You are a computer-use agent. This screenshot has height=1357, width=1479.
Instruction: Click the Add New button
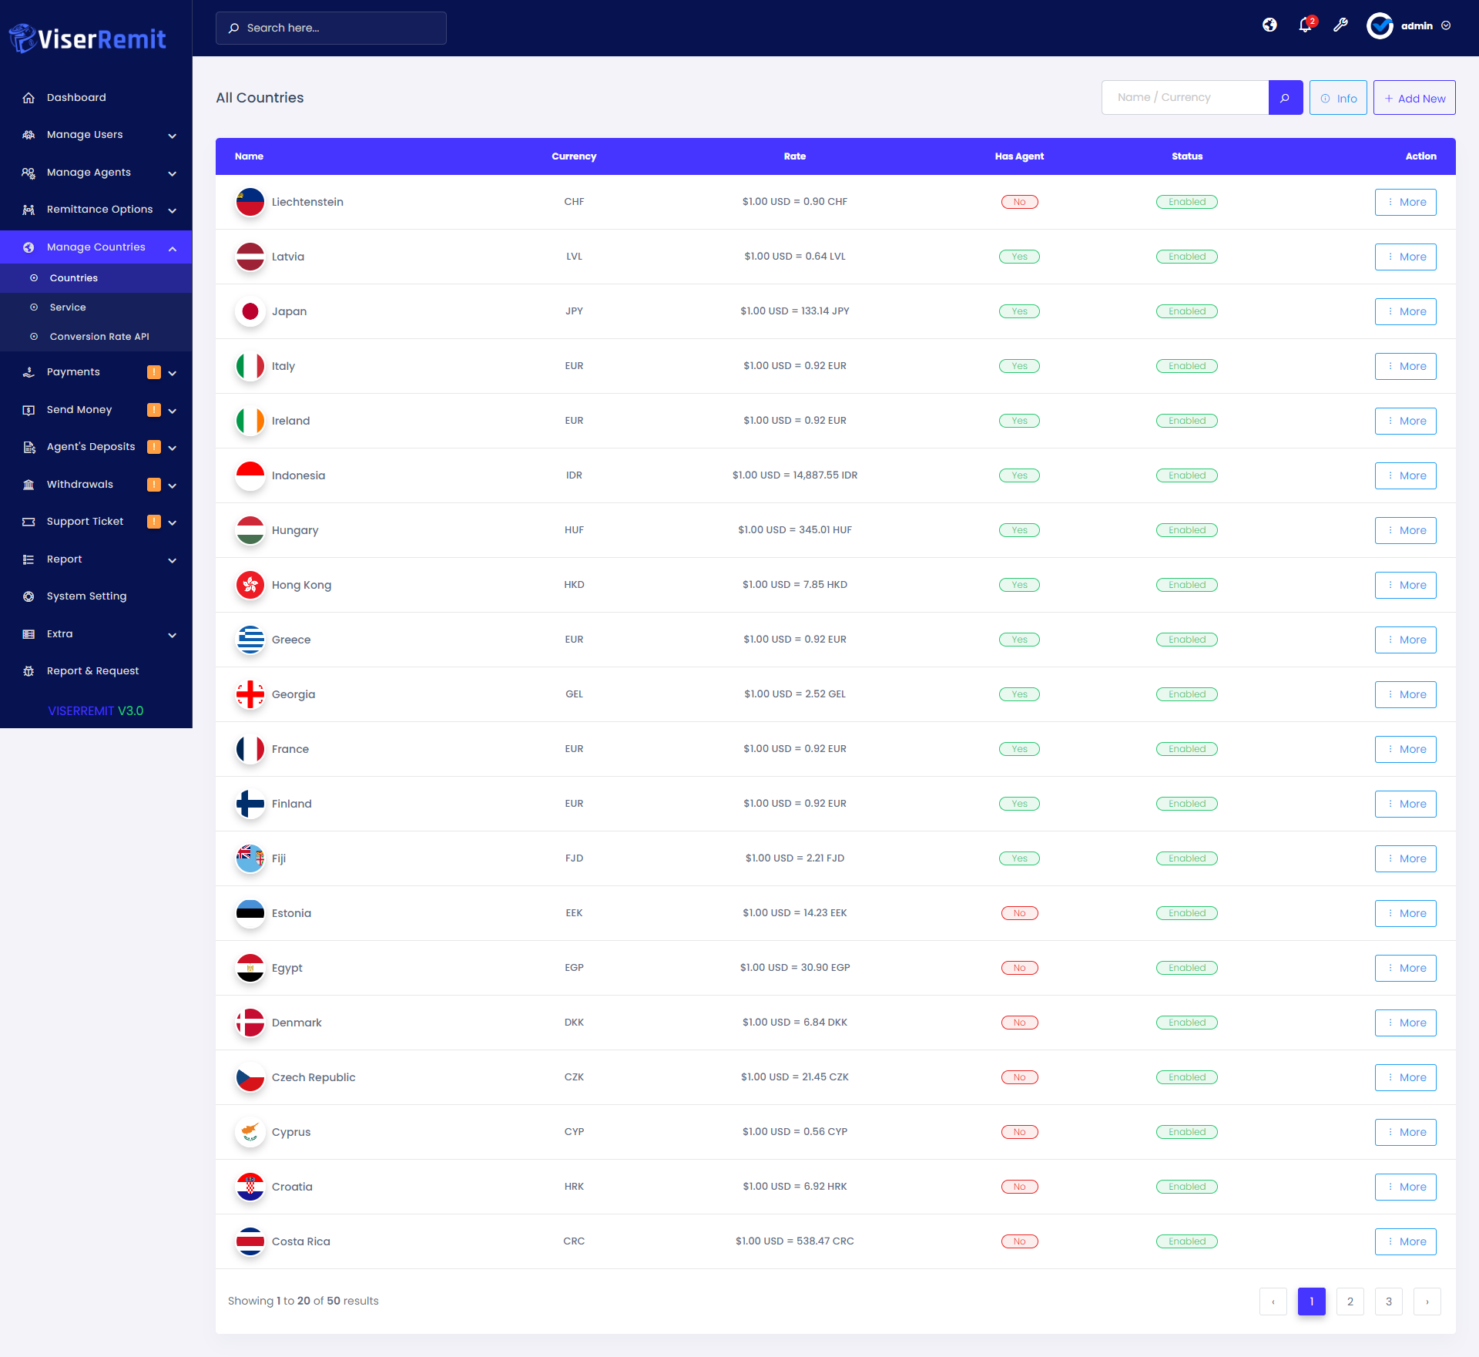[x=1414, y=98]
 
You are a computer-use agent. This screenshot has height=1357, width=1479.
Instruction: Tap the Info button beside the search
[x=1338, y=98]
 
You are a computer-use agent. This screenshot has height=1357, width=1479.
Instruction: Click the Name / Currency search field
[x=1185, y=98]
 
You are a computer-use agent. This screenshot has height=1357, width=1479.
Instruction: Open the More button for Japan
[x=1405, y=311]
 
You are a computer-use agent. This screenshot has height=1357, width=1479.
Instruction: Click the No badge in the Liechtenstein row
[x=1019, y=202]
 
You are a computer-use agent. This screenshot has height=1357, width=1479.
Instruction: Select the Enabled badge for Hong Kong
[x=1186, y=585]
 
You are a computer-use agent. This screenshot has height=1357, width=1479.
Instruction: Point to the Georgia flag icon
[x=250, y=694]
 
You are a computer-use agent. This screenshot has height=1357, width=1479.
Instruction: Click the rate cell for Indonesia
[x=794, y=475]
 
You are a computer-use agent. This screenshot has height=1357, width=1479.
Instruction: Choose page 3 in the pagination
[x=1388, y=1302]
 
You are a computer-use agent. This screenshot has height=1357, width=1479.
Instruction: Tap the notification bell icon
[x=1305, y=25]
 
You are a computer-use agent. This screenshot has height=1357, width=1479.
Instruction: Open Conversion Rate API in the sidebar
[x=99, y=337]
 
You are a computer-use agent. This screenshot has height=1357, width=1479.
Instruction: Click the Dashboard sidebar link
[x=76, y=98]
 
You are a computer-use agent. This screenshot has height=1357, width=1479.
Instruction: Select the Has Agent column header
[x=1019, y=156]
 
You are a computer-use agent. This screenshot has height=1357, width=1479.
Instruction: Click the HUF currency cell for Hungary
[x=574, y=530]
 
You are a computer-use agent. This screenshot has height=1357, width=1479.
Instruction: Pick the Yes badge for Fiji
[x=1019, y=858]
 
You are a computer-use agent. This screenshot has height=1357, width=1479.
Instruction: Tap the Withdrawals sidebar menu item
[x=80, y=485]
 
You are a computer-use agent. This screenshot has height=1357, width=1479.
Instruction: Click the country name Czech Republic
[x=314, y=1077]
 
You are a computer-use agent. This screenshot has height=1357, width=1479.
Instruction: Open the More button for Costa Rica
[x=1405, y=1241]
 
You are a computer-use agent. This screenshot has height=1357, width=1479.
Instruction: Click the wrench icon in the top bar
[x=1340, y=25]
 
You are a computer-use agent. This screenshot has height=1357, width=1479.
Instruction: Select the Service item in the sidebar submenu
[x=68, y=307]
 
